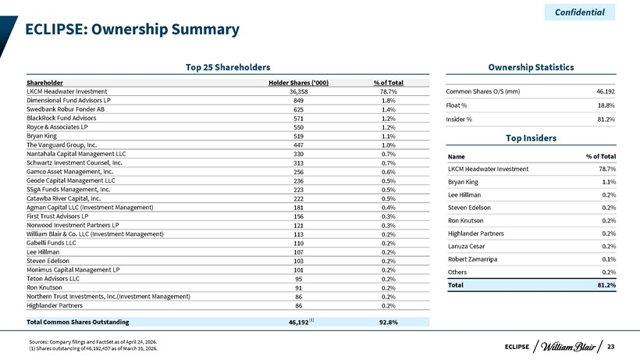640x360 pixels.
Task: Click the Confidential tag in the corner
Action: pos(580,12)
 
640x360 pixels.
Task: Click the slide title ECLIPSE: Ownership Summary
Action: pos(132,30)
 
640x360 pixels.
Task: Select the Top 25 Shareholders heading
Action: pos(228,67)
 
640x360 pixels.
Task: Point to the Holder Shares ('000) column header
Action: pos(298,83)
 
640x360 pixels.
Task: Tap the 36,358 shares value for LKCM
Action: pos(298,91)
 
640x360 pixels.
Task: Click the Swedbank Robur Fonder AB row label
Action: pos(66,109)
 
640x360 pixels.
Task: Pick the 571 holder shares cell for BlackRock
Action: pos(298,119)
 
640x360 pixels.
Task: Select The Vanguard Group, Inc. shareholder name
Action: pos(62,145)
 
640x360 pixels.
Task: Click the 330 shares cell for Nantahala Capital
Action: pos(298,154)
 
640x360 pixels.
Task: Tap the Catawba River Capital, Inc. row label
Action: pos(63,198)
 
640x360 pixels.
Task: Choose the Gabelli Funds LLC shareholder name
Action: pos(51,243)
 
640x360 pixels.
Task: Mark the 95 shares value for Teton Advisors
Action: pos(298,279)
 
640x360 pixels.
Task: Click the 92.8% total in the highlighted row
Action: pos(388,322)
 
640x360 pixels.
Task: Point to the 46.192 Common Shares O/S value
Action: pos(606,91)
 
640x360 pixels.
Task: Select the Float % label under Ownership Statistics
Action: pos(457,105)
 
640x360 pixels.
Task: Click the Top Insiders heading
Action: pos(531,138)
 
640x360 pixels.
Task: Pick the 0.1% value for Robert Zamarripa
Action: pos(609,259)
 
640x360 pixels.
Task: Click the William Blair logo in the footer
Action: pos(567,347)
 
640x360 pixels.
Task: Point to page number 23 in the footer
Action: pos(610,347)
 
